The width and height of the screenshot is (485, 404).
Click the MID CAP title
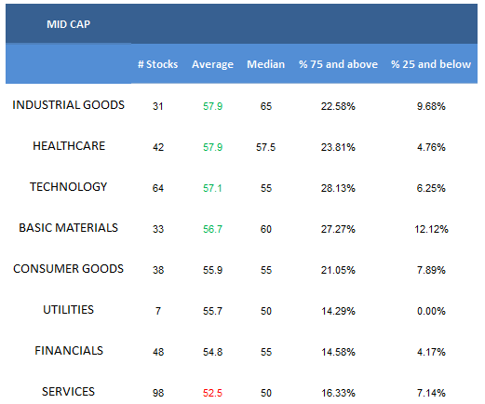click(68, 24)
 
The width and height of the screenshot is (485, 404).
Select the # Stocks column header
click(157, 64)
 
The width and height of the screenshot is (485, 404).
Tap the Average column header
click(212, 64)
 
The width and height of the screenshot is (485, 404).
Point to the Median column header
click(265, 64)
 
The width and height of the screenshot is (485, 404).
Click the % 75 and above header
click(338, 64)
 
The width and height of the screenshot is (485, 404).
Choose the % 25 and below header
click(431, 64)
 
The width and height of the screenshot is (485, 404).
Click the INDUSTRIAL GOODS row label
click(68, 105)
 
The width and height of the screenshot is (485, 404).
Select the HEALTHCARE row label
click(69, 146)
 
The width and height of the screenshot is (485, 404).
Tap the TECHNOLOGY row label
click(68, 187)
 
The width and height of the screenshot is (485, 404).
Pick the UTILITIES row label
click(68, 310)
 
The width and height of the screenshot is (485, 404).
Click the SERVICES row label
click(68, 392)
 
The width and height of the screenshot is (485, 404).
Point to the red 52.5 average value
click(212, 393)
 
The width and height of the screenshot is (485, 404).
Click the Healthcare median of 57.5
click(265, 147)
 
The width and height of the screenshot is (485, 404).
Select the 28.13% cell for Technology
click(338, 188)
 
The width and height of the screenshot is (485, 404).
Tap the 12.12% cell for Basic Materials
click(431, 229)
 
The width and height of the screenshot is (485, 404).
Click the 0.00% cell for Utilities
click(431, 311)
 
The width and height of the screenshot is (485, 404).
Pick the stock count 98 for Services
click(158, 393)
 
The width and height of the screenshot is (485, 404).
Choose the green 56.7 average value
click(212, 229)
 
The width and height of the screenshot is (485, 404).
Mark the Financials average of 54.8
click(212, 352)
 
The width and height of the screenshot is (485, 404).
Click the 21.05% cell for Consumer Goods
click(338, 270)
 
